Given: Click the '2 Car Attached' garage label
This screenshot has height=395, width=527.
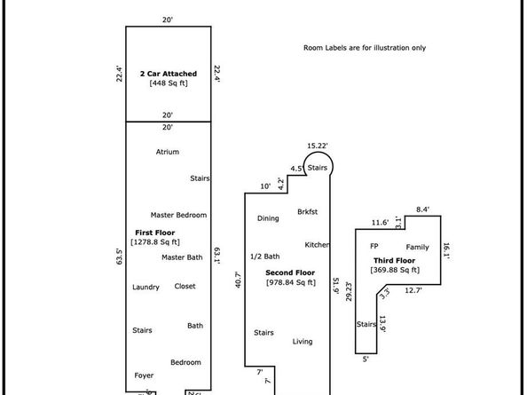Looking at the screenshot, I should [x=168, y=73].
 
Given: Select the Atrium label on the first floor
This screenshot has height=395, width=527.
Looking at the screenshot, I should [x=168, y=152].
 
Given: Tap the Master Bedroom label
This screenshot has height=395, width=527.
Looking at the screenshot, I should [x=178, y=215].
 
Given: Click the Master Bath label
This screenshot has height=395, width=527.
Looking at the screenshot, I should [x=182, y=257].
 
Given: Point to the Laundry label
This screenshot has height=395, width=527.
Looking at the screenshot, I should [x=146, y=287].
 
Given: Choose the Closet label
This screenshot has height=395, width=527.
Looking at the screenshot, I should [x=185, y=286].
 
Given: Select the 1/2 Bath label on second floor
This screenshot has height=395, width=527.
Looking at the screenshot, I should [x=267, y=256].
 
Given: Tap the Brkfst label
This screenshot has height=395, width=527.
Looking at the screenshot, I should [x=308, y=211].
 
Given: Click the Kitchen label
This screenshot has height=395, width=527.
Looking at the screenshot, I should [x=318, y=245].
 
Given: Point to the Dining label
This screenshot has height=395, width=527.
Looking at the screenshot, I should [x=268, y=218].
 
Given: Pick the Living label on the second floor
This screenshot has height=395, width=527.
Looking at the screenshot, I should [x=303, y=341].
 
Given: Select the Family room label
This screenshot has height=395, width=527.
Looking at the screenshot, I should [x=418, y=247].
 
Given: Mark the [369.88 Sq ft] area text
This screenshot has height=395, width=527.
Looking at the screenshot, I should [x=396, y=270].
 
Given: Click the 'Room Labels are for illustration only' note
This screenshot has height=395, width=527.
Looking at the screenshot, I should [x=364, y=47].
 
